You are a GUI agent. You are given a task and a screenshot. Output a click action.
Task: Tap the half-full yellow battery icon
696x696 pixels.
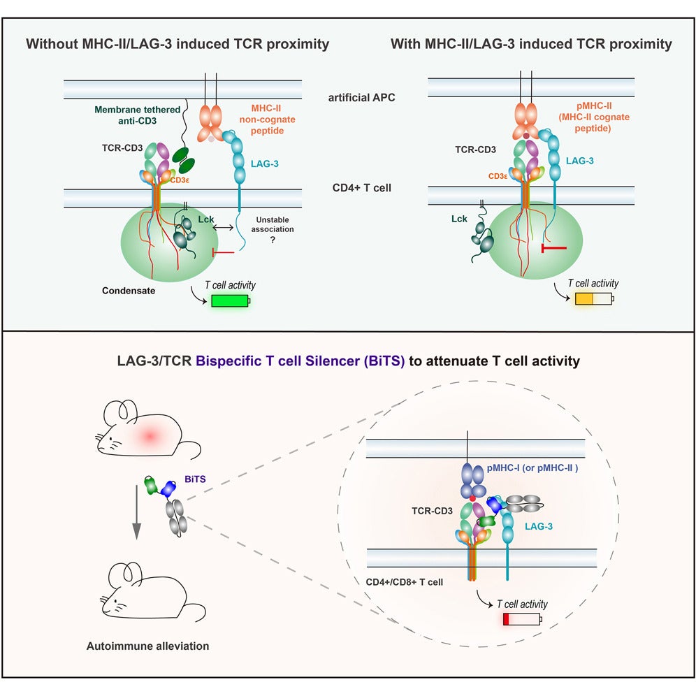pyautogui.click(x=593, y=299)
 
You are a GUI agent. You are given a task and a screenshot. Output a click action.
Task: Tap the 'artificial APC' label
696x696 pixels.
pyautogui.click(x=361, y=97)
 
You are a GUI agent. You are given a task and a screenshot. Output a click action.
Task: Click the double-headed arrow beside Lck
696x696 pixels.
pyautogui.click(x=224, y=228)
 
